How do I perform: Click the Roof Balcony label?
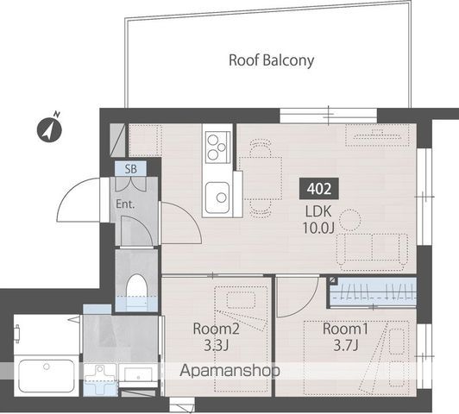[271, 60]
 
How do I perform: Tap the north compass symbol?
[49, 129]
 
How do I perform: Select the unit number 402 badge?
[319, 189]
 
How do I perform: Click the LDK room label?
[318, 211]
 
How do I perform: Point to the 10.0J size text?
[318, 228]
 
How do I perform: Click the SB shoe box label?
[130, 169]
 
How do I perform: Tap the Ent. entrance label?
[125, 204]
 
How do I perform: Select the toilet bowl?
[136, 291]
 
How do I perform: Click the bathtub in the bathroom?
[47, 376]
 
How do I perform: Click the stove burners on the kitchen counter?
[217, 147]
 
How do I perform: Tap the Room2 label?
[216, 329]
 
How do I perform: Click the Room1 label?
[345, 329]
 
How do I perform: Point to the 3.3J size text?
[216, 346]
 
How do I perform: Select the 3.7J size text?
[346, 346]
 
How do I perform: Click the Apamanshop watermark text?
[229, 371]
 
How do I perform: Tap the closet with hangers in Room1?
[372, 292]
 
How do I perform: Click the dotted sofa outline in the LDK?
[372, 248]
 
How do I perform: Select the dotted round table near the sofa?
[350, 220]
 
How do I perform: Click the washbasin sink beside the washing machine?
[138, 373]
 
